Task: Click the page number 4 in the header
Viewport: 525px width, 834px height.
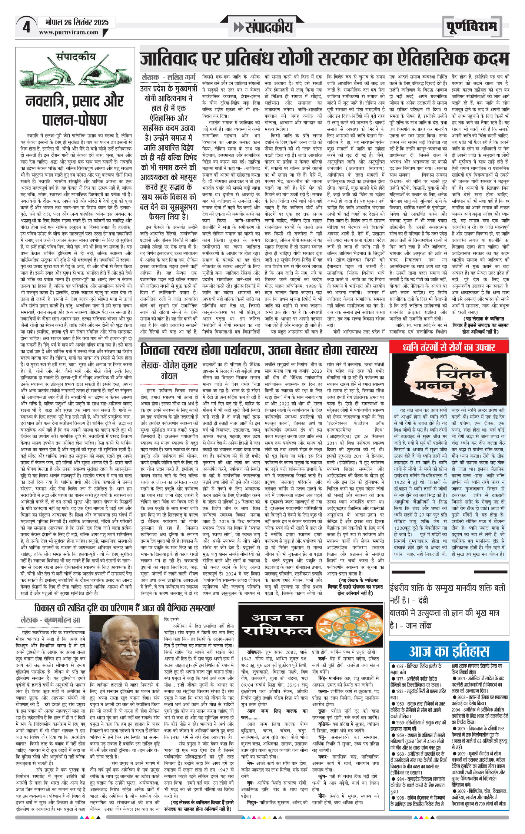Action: click(26, 27)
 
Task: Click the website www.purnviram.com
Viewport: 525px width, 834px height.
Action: click(69, 33)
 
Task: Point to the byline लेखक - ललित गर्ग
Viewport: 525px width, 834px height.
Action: click(169, 77)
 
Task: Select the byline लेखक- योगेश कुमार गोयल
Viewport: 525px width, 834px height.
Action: click(169, 371)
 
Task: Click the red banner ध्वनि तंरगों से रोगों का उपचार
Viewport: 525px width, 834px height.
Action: click(449, 347)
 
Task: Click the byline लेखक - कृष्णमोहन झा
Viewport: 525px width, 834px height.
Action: click(50, 620)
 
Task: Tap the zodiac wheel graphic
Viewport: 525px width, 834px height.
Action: click(341, 627)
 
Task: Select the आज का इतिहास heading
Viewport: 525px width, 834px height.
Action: click(449, 651)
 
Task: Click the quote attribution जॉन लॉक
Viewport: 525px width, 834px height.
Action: click(419, 625)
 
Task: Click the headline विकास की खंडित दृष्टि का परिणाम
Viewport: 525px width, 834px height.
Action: click(124, 608)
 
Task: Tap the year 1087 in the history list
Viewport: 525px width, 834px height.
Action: click(400, 666)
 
